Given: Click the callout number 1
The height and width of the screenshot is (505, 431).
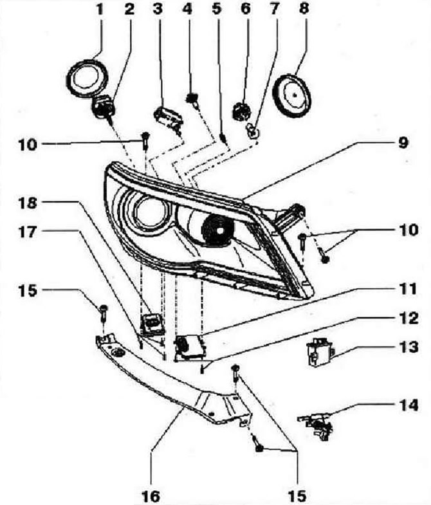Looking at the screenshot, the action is pos(100,10).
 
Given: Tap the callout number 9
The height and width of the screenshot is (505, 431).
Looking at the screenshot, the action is pos(403,142).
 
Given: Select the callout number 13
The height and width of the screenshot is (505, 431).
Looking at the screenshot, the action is pos(408,347).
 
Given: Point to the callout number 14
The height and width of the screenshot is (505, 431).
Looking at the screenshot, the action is pos(408,405).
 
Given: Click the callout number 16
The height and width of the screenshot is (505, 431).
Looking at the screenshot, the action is pos(151,495).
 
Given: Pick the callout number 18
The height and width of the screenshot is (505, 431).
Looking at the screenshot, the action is pos(28,203).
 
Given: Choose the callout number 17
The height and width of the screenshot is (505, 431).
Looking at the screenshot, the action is pos(28,232).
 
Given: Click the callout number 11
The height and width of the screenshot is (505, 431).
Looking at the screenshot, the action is pos(408,289).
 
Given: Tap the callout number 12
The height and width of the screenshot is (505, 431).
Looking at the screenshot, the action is pos(408,318).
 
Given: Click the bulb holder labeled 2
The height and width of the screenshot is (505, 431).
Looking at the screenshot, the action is pos(103,108).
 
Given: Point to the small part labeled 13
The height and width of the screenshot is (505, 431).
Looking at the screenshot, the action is pos(320,353).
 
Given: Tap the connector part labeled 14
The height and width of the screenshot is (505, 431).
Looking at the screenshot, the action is pos(316,425).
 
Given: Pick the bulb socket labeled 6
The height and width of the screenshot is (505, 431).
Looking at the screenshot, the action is pos(240,111).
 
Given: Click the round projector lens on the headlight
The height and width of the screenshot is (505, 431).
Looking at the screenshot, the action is pos(150,212).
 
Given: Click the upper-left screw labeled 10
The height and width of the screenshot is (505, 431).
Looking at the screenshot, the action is pos(145,140).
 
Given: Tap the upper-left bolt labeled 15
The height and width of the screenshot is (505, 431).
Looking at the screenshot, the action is pos(104,313).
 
